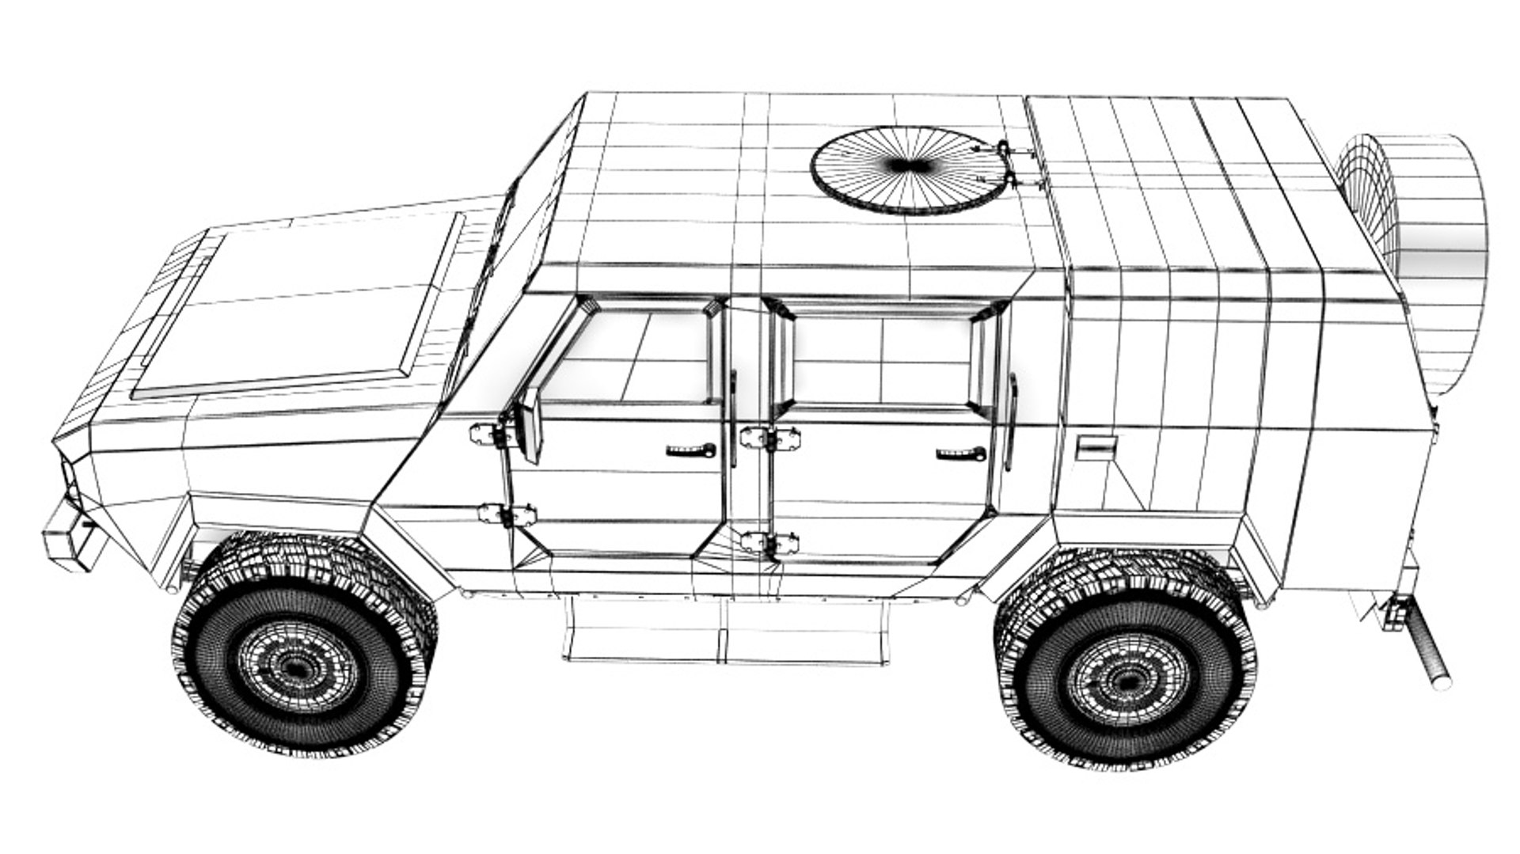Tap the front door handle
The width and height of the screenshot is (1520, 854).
(x=691, y=451)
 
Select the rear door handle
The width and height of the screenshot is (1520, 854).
(x=961, y=454)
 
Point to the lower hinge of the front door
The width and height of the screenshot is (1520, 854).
(x=507, y=515)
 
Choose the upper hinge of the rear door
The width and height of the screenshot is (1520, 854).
(x=769, y=438)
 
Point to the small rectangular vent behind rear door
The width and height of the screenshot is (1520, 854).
(x=1096, y=448)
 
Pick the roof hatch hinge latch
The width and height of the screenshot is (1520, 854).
(x=1009, y=166)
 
